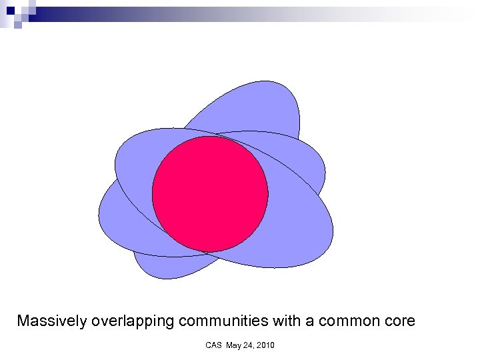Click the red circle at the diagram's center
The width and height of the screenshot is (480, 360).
coord(210,194)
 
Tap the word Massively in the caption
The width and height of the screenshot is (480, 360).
coord(51,321)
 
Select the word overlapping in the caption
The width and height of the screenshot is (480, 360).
coord(133,321)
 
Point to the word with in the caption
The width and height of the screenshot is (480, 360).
coord(287,321)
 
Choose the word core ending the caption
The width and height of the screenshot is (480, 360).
coord(399,321)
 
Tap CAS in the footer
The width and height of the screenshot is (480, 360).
coord(213,345)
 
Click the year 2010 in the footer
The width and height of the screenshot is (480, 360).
coord(265,345)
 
